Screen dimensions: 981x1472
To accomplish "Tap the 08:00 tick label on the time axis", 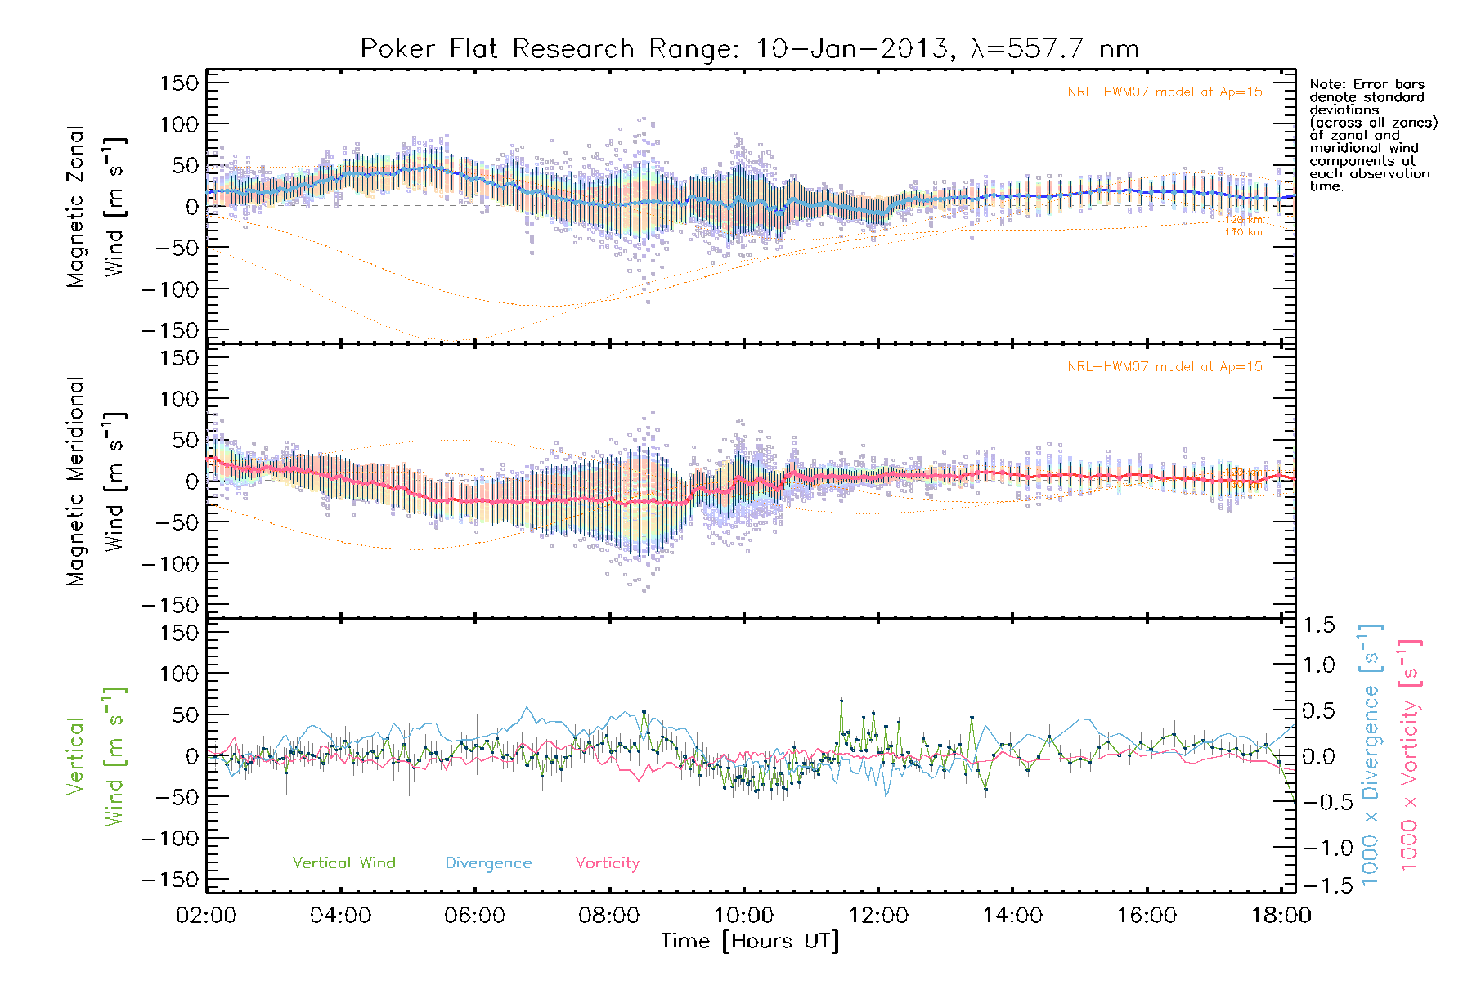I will (609, 916).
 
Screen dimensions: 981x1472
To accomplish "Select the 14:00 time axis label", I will (1012, 916).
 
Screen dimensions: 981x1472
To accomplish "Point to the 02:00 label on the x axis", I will (206, 916).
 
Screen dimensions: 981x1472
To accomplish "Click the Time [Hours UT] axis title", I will (750, 941).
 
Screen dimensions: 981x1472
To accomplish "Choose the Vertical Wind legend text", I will (343, 862).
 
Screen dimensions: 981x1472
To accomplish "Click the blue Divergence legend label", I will (488, 862).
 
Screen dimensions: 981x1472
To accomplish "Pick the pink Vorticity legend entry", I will (607, 862).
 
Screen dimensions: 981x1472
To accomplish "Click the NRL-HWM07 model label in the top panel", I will (1165, 92).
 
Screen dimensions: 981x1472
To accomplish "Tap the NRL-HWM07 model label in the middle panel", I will (1165, 367).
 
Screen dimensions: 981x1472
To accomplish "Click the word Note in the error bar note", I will (1325, 84).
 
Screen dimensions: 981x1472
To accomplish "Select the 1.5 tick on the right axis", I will (1318, 625).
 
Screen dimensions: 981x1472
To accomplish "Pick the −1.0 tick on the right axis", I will (1318, 848).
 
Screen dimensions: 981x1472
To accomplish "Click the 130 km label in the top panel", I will (1243, 232).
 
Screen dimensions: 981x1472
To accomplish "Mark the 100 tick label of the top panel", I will (179, 124).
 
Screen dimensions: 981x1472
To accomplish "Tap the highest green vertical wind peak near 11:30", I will (841, 701).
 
